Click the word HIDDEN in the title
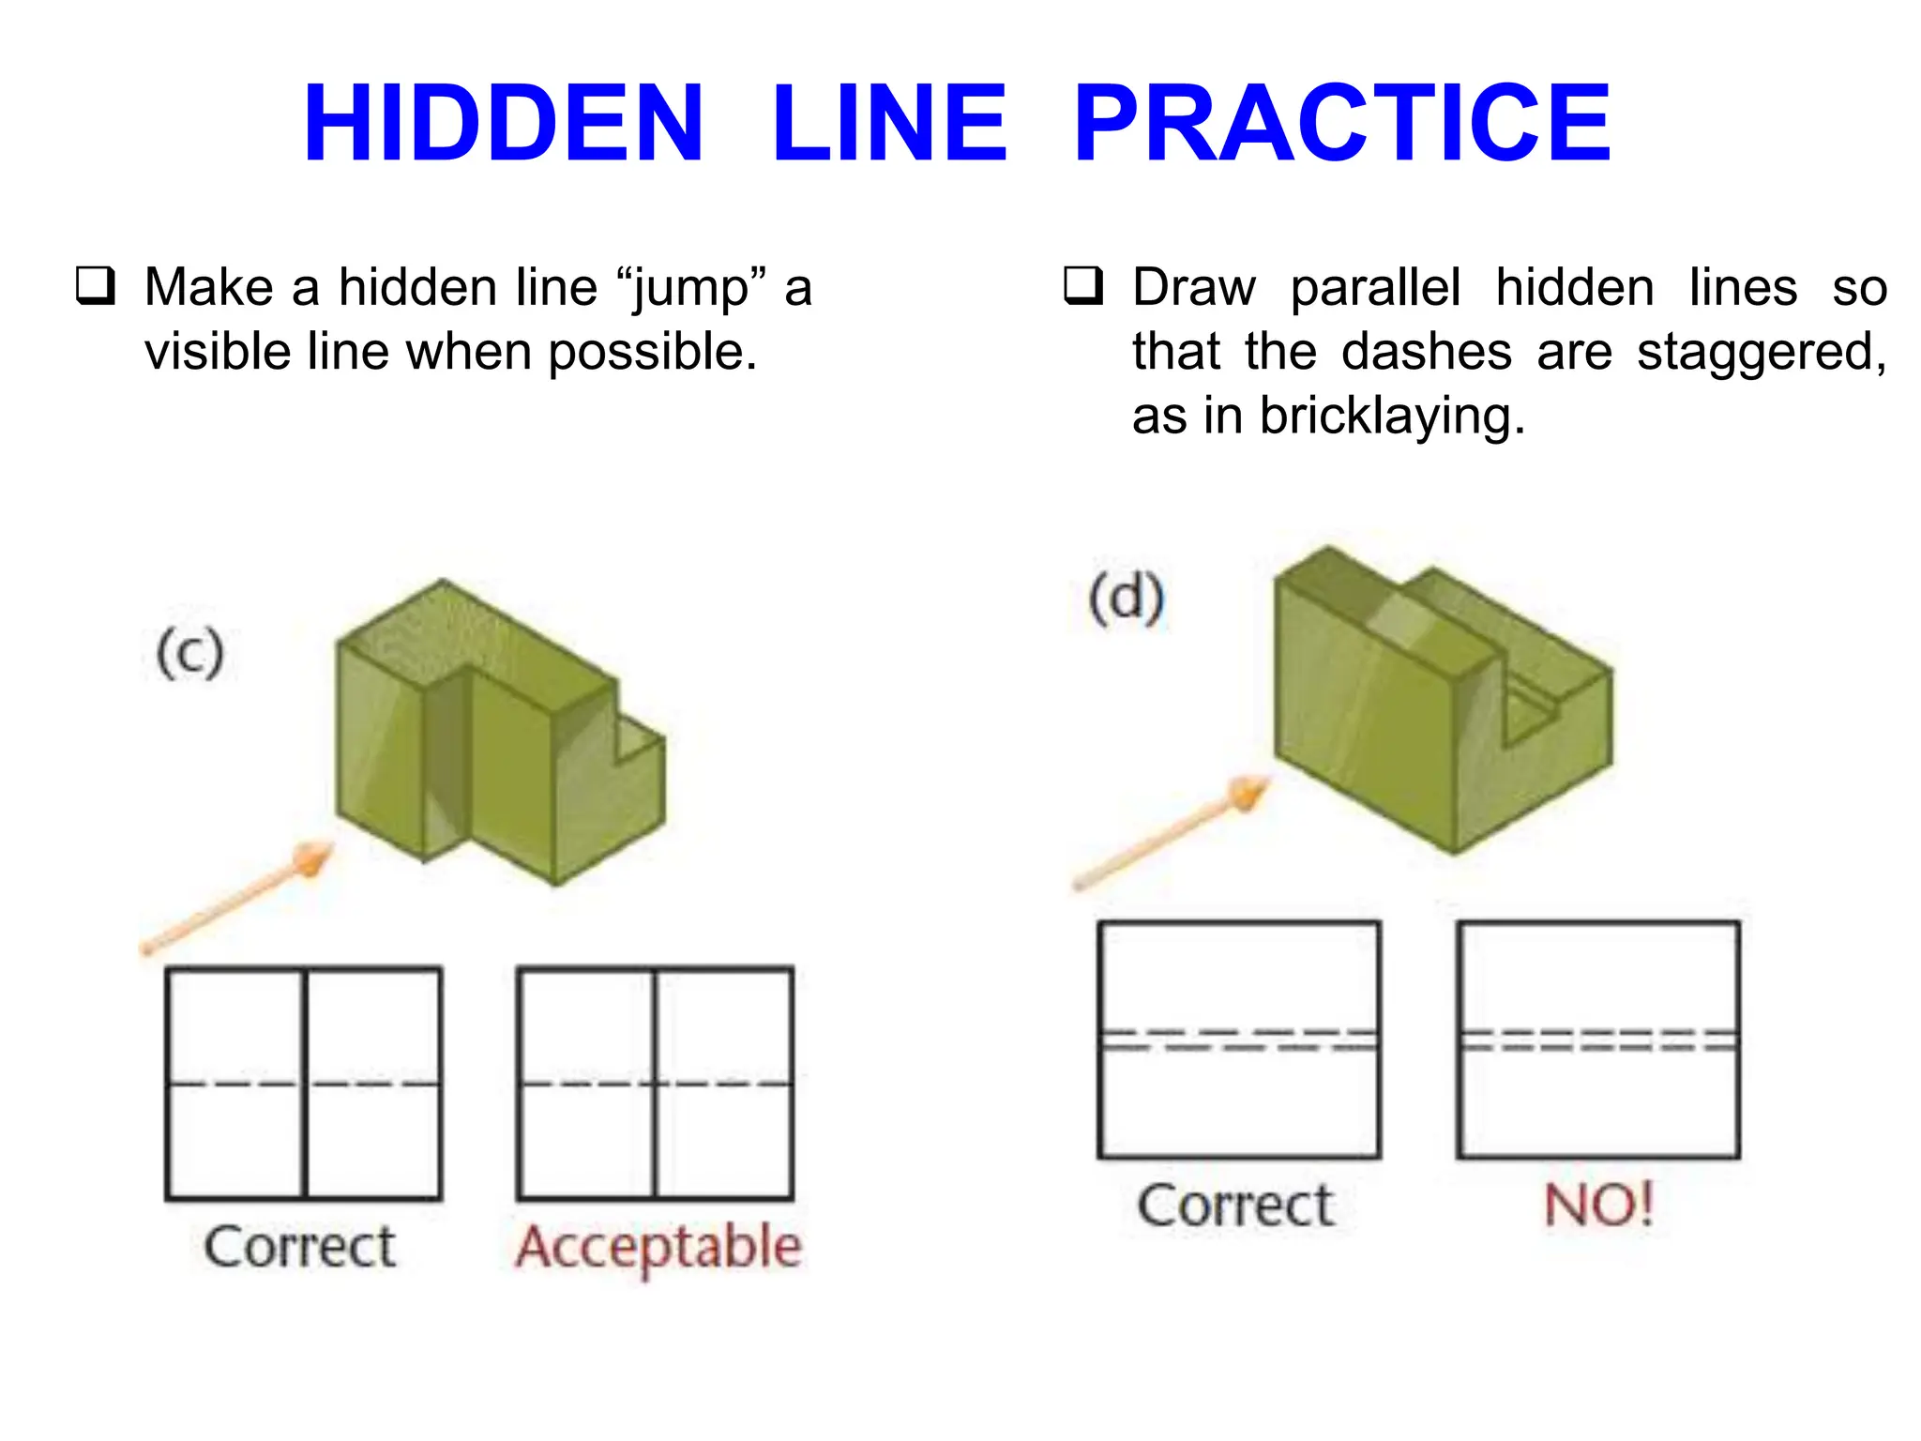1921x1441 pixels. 503,124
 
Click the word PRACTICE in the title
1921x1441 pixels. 1341,124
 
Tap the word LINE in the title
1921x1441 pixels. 888,124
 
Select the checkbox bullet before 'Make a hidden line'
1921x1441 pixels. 96,286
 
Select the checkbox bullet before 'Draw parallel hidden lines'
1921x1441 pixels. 1082,286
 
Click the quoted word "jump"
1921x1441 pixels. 690,289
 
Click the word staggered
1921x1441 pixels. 1761,353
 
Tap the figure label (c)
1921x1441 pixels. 190,653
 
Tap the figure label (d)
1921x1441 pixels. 1127,599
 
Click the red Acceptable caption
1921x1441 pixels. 658,1248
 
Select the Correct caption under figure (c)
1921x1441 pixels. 300,1248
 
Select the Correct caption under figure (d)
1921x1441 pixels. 1235,1206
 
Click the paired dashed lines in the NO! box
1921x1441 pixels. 1598,1040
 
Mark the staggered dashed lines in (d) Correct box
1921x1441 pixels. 1239,1039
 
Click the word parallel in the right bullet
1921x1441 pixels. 1375,288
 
